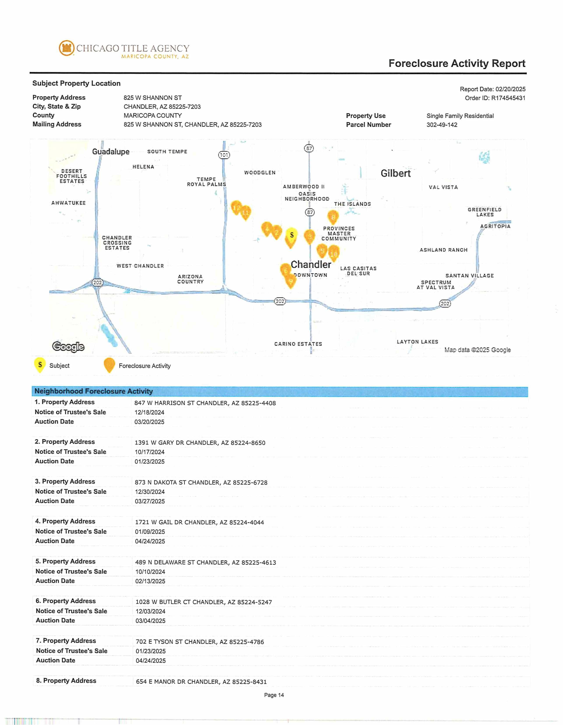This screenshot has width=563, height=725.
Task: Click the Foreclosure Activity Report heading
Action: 457,63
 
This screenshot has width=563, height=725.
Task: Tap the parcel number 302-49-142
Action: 442,125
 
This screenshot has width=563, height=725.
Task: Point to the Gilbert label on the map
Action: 395,173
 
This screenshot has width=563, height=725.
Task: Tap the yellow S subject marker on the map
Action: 291,235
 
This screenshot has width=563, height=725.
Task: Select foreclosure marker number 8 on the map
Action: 333,217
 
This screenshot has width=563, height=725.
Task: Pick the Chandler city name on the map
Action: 311,265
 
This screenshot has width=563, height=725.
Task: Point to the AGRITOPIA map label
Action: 495,226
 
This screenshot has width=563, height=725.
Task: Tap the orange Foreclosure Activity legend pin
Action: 109,365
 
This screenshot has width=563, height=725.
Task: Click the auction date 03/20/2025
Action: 149,422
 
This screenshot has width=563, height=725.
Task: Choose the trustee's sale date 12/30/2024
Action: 150,492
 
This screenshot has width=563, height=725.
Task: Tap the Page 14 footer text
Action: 274,695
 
